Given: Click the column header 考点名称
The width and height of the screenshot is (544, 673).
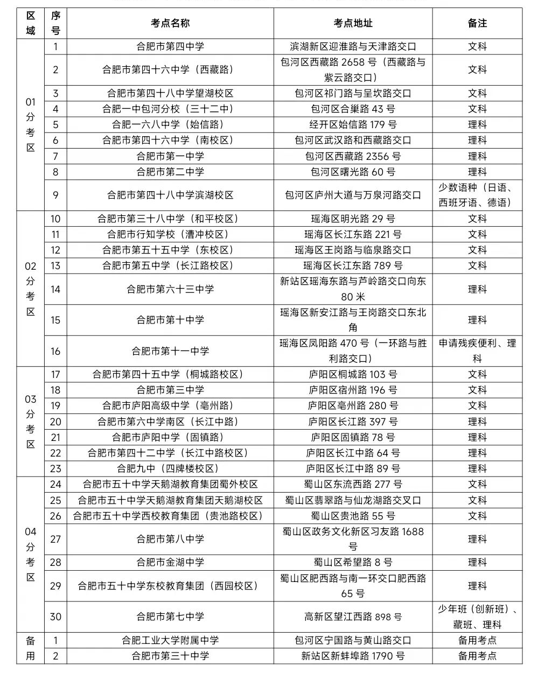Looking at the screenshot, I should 170,23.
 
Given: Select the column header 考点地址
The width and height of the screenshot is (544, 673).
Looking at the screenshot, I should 353,23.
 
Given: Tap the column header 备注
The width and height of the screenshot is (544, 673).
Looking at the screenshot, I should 477,23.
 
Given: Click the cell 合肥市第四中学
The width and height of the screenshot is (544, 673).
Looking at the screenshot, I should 170,47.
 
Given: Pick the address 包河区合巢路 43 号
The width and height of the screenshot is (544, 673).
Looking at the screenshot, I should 353,109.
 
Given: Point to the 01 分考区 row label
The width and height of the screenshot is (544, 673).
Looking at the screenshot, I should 31,124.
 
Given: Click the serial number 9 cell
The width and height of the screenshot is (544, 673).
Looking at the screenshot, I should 55,195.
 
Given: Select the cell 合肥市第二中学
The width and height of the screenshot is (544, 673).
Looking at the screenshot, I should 170,172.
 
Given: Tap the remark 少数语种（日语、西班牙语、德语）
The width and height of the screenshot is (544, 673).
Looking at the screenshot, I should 477,195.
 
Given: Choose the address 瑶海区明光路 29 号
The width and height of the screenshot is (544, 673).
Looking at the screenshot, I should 353,219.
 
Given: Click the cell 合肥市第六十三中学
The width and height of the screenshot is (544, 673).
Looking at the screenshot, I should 170,289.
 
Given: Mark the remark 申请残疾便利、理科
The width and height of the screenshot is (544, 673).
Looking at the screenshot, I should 477,351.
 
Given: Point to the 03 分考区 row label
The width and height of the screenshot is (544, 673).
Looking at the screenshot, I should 31,422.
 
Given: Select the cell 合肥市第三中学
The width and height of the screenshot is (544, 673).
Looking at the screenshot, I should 170,390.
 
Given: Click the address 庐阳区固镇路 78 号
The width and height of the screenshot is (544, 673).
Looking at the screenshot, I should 353,437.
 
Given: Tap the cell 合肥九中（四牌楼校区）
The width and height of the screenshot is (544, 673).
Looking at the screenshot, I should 170,468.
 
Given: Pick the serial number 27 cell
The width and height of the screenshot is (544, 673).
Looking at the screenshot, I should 55,539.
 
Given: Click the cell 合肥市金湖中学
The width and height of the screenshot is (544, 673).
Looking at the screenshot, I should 170,562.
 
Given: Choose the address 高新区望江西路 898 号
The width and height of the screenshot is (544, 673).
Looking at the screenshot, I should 353,616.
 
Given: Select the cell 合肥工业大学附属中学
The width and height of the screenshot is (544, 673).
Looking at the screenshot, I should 170,640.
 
